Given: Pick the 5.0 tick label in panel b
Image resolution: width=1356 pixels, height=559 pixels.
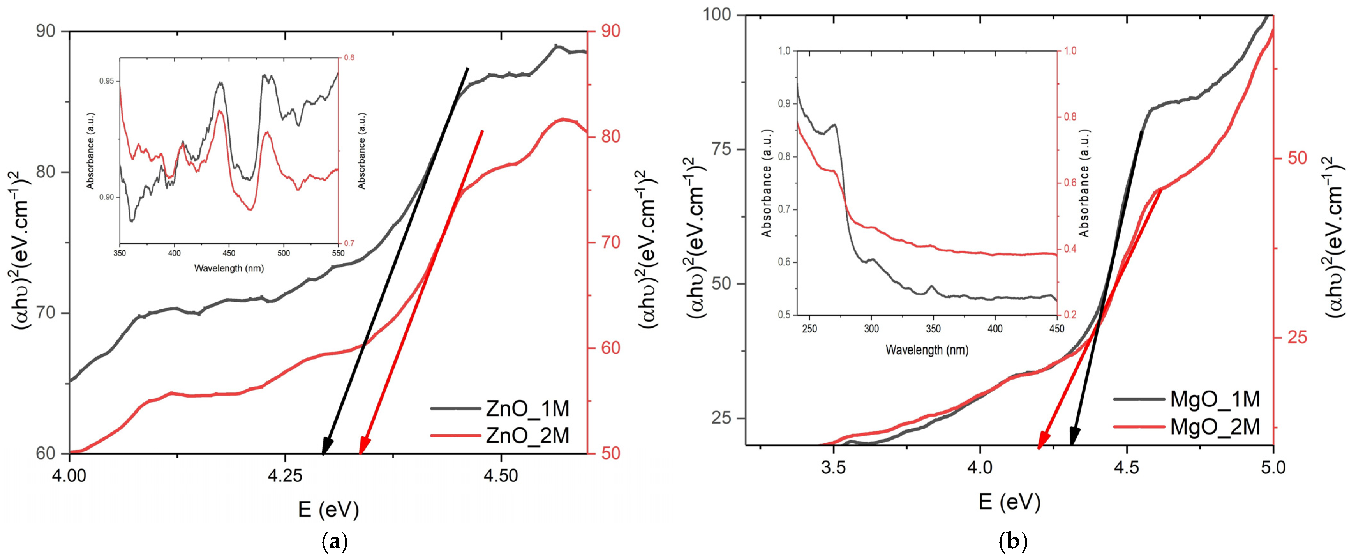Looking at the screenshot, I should coord(1272,467).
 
